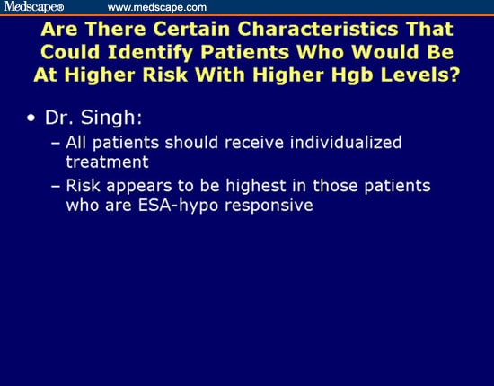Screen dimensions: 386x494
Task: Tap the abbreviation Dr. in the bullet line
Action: [61, 118]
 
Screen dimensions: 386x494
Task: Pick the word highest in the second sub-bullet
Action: [268, 186]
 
